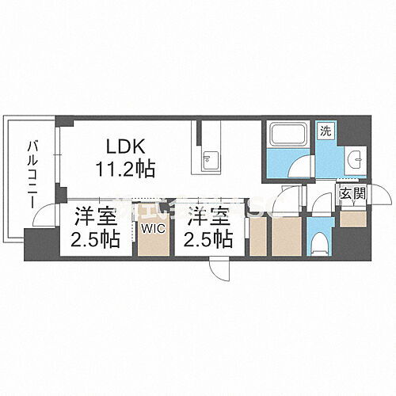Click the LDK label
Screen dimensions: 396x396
click(x=125, y=147)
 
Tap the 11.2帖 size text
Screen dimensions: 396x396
click(x=125, y=168)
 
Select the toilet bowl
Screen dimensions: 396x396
click(x=319, y=240)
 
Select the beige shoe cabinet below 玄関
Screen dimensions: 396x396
click(x=350, y=218)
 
